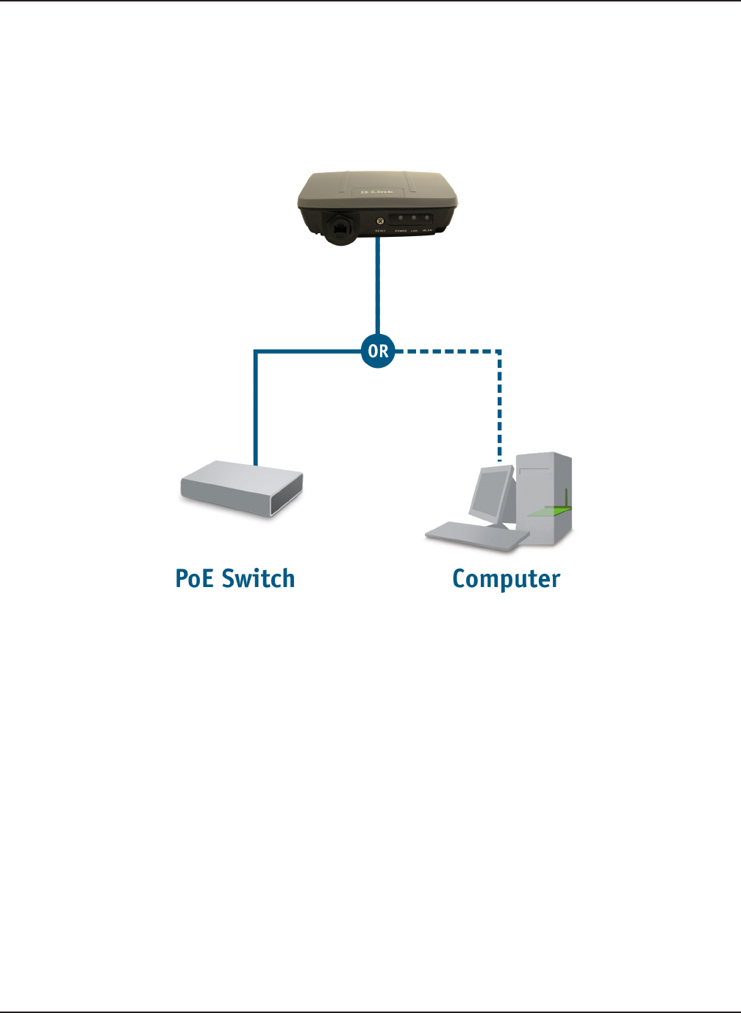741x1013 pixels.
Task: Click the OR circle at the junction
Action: (x=378, y=351)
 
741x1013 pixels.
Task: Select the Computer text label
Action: (x=506, y=580)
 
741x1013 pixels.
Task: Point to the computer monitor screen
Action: (x=490, y=493)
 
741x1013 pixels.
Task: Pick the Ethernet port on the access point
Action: (x=340, y=228)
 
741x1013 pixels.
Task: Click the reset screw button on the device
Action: (x=380, y=219)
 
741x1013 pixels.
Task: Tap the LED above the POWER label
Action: (x=401, y=218)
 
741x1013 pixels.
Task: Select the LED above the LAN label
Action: (x=415, y=218)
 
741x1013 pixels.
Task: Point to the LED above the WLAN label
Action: (x=427, y=218)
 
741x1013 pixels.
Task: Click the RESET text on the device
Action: (x=380, y=231)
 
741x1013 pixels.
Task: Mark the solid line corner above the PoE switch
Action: (x=255, y=352)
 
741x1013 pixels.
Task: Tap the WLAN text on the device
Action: (x=428, y=231)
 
